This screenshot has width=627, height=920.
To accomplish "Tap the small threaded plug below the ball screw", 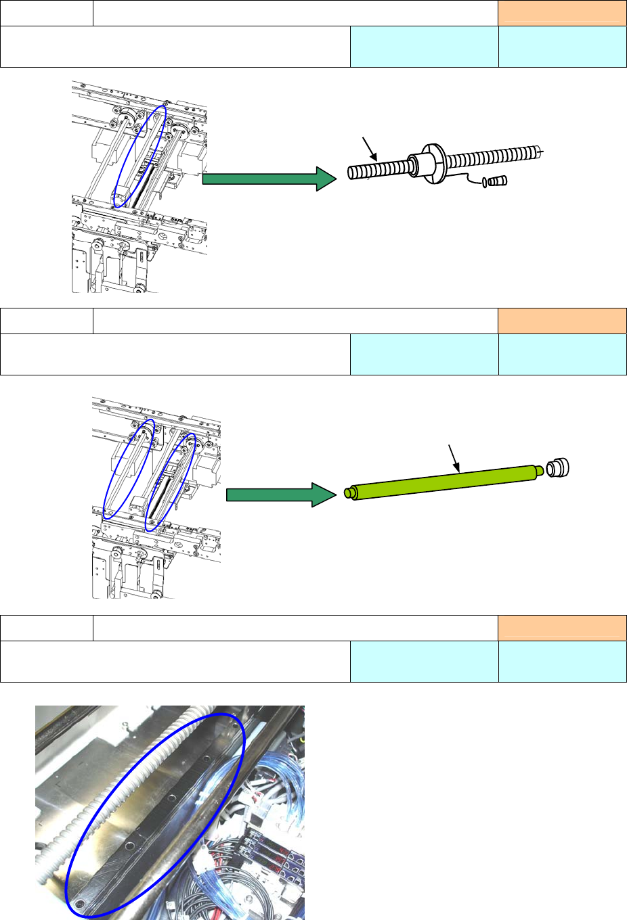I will click(498, 181).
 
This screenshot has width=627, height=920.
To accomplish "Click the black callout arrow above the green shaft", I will click(454, 458).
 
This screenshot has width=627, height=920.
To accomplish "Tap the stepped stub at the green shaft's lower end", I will click(349, 493).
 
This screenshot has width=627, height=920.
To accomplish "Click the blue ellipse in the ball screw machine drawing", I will click(139, 156).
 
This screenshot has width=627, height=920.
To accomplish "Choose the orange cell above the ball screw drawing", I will click(562, 13).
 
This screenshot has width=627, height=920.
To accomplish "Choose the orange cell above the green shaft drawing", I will click(562, 321).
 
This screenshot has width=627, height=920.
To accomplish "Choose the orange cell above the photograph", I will click(562, 628).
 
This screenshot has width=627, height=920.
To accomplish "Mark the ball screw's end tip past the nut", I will click(540, 152).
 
